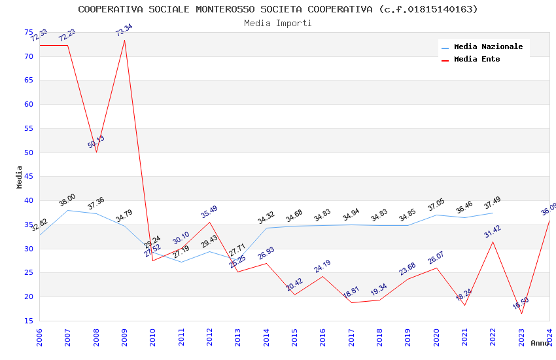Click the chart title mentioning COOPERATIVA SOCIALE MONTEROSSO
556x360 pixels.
tap(278, 9)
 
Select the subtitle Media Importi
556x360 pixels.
tap(278, 23)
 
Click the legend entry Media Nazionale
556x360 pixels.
tap(488, 46)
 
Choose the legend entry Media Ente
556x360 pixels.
tap(477, 59)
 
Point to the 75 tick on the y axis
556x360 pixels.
tap(29, 32)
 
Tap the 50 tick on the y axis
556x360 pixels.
tap(29, 153)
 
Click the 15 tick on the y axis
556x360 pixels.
tap(29, 321)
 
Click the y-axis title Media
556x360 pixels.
tap(20, 177)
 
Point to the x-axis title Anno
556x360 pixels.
tap(540, 343)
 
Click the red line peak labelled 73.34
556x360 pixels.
tap(124, 40)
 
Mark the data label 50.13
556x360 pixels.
tap(96, 142)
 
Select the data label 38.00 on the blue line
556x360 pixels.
tap(67, 200)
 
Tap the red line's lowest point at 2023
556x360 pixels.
tap(521, 314)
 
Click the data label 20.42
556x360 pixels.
tap(294, 285)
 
